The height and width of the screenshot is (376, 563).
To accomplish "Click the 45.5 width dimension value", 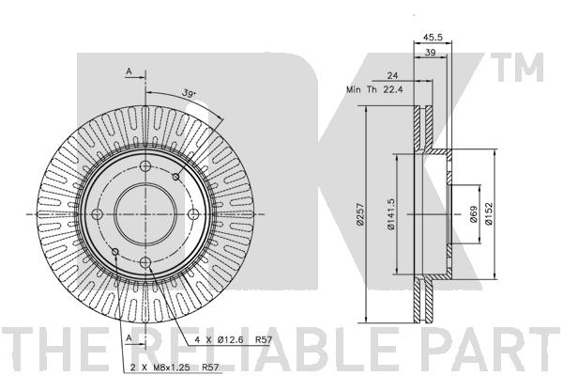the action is (x=433, y=37).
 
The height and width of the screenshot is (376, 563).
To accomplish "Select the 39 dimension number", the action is (x=430, y=53).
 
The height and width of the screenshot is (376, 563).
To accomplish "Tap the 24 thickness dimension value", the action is (x=392, y=75).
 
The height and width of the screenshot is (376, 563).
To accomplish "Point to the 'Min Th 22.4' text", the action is (x=374, y=89).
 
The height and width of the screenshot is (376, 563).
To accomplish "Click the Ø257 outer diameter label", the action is (x=360, y=215).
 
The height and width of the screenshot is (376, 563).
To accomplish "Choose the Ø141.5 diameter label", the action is (x=390, y=214).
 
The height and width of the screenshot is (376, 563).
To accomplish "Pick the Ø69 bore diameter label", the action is (x=474, y=214).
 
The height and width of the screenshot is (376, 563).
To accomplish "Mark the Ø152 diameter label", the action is (x=489, y=214).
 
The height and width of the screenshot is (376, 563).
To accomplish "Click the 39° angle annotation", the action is (x=189, y=93).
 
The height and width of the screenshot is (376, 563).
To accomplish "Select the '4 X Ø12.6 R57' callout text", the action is (x=234, y=339).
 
